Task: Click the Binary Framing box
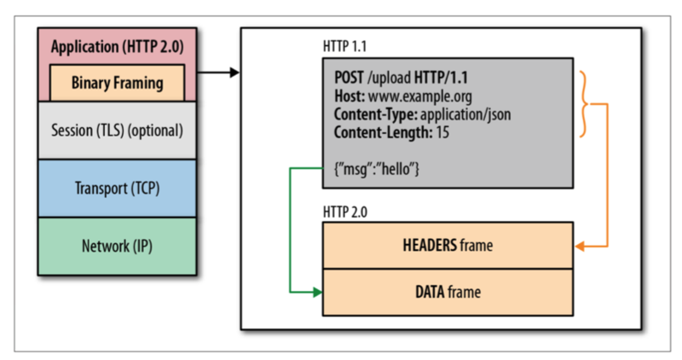117,83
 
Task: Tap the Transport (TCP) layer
117,189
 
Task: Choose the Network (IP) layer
117,247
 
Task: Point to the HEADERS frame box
448,246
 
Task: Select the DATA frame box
448,292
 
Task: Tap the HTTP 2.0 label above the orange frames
348,210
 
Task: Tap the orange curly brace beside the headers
586,103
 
